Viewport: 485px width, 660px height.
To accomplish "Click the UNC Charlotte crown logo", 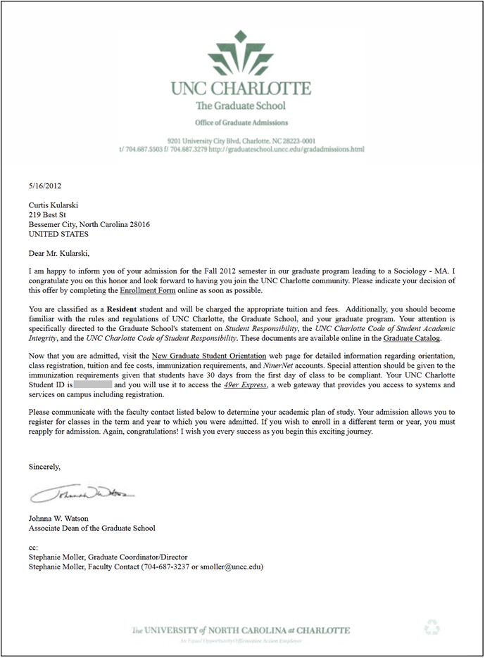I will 241,53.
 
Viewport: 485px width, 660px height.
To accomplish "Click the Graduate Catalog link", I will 412,338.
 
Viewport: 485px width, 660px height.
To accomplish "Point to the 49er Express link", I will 235,385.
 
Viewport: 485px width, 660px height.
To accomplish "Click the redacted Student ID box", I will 93,385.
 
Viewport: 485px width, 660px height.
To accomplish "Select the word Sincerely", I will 44,466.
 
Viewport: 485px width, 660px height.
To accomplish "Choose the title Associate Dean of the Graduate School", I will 92,528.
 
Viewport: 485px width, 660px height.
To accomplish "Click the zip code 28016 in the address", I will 139,224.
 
